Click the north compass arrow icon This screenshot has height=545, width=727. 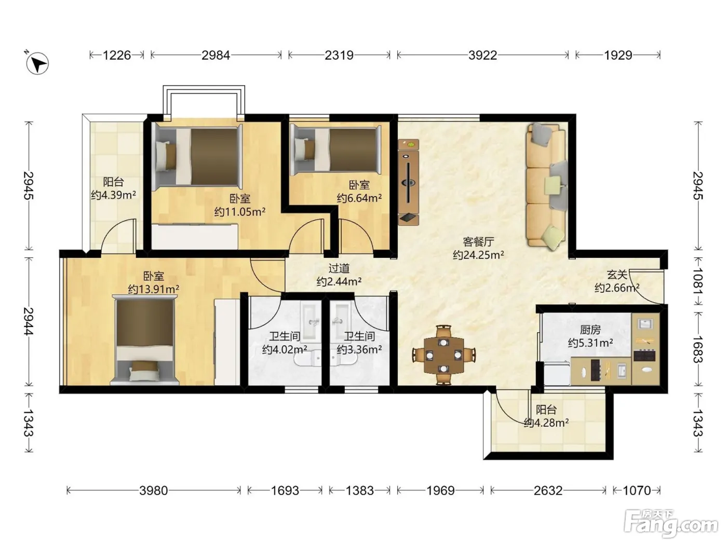37,63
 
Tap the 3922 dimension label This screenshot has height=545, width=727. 482,55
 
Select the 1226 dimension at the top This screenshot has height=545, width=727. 117,55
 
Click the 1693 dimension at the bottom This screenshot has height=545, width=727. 285,491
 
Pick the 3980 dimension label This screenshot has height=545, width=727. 153,491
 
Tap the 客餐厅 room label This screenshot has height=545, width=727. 478,242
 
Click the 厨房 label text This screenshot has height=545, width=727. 590,330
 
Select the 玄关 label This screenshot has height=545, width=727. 617,275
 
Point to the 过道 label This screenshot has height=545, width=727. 339,268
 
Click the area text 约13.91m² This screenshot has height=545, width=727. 153,289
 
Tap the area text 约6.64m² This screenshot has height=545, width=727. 359,198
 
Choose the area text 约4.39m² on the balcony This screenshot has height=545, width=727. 113,195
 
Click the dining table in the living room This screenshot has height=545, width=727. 444,355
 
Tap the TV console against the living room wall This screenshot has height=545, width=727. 408,182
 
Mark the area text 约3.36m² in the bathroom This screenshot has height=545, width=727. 359,349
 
